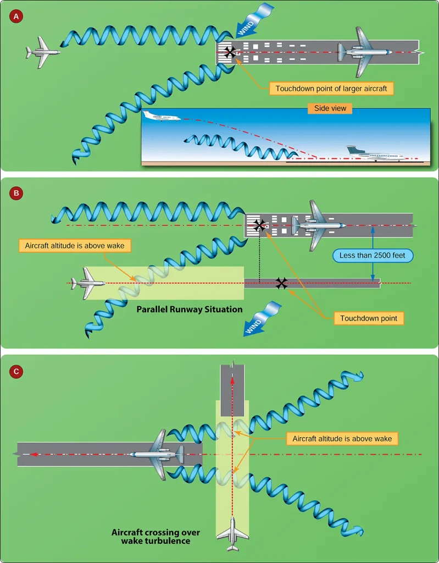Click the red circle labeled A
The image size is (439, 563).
(16, 16)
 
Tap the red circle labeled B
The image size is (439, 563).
(16, 193)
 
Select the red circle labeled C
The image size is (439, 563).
(16, 371)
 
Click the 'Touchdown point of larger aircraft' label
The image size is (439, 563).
(331, 89)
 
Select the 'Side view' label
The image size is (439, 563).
(330, 108)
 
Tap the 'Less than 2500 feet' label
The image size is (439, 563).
(372, 255)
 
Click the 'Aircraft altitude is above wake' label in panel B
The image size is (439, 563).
(75, 246)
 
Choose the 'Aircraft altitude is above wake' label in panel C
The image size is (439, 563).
(342, 438)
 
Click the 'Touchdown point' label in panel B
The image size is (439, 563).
(369, 318)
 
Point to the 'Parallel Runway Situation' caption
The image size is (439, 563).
(190, 310)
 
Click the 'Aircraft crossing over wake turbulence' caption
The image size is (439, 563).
(155, 537)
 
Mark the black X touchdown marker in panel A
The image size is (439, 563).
(229, 52)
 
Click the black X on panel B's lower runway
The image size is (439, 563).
(282, 283)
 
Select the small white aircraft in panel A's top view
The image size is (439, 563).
(43, 52)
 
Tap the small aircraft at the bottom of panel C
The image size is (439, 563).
(232, 533)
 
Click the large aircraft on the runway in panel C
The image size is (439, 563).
(157, 455)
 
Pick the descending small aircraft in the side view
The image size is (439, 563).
(162, 116)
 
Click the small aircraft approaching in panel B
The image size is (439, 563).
(88, 283)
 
